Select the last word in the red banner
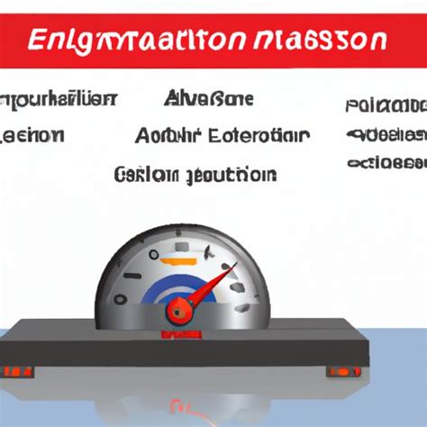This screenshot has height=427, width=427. tap(340, 41)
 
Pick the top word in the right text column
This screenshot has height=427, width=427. tap(386, 106)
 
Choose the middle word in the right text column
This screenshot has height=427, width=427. tap(386, 135)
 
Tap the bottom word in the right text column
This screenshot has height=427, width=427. tap(386, 163)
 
